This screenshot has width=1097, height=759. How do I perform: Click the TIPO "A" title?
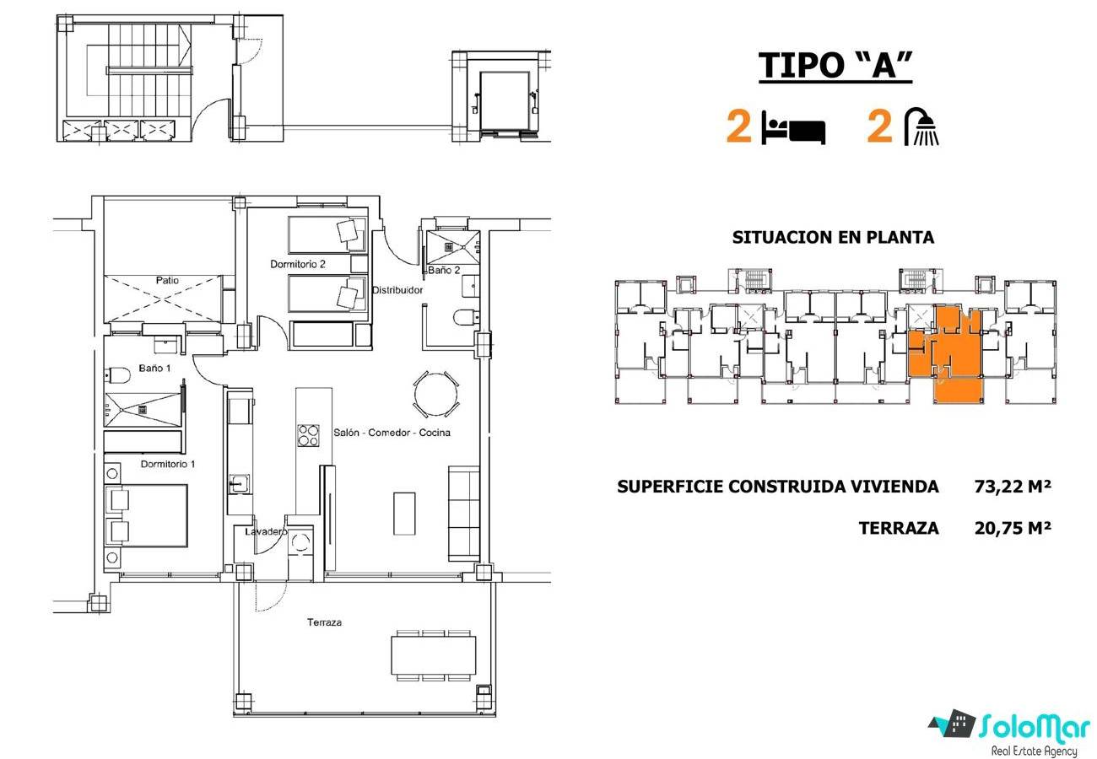[x=835, y=65]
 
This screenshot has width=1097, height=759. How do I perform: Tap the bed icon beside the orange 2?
[x=793, y=127]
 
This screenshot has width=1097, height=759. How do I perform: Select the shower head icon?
[x=921, y=126]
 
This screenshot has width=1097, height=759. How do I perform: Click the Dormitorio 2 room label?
[x=298, y=264]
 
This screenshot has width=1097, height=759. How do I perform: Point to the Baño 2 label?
[x=444, y=270]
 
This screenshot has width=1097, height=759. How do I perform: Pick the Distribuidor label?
[x=397, y=290]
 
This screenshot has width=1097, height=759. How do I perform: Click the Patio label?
[x=167, y=280]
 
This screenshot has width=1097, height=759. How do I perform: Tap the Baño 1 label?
[x=154, y=368]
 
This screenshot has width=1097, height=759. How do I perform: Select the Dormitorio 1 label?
[x=167, y=464]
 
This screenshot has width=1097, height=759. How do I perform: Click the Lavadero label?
[x=266, y=531]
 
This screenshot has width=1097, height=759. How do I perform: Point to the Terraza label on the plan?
[x=324, y=622]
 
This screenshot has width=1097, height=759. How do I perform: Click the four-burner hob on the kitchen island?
[x=308, y=435]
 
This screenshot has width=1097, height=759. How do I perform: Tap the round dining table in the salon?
[x=436, y=395]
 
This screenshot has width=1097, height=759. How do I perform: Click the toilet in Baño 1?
[x=116, y=376]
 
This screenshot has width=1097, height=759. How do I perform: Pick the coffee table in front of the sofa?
[x=404, y=514]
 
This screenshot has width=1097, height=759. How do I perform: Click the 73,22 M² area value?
[x=1013, y=487]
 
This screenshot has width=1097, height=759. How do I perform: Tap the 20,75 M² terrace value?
[x=1013, y=528]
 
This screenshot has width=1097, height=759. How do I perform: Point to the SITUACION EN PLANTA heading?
[x=833, y=237]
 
